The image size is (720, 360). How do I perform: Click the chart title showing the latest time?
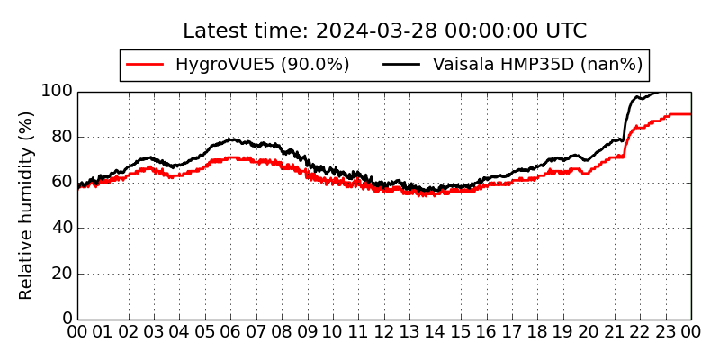tap(384, 31)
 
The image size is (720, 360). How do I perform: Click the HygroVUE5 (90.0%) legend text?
tap(262, 65)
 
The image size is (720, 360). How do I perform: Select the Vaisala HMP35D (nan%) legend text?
tap(537, 65)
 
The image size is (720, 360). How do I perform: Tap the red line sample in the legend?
tap(145, 65)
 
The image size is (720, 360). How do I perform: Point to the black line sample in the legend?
tap(402, 65)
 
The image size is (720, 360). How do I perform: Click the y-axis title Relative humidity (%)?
tap(26, 205)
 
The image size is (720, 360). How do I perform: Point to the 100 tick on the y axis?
tap(57, 92)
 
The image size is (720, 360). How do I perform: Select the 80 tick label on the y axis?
tap(61, 137)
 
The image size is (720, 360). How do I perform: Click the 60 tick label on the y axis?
tap(61, 183)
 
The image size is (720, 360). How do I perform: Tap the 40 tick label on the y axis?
tap(61, 228)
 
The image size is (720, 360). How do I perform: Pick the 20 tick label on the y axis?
tap(61, 274)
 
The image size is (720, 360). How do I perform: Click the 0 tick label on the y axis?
tap(67, 319)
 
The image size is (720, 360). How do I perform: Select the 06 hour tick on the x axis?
tap(231, 333)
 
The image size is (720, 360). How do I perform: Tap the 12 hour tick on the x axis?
tap(384, 333)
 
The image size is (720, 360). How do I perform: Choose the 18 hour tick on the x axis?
tap(538, 333)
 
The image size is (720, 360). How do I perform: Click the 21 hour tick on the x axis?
tap(615, 333)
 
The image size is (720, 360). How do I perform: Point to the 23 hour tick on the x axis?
tap(666, 333)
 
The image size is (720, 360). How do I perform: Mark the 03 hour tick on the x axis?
tap(154, 333)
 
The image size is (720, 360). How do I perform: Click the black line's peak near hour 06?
tap(231, 139)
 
